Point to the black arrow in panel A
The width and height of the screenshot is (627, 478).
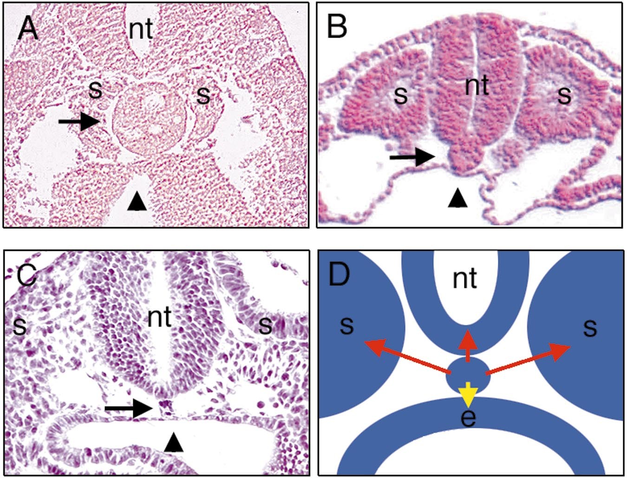click(79, 122)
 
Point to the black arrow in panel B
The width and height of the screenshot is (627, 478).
click(412, 157)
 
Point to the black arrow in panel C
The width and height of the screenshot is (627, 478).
click(129, 409)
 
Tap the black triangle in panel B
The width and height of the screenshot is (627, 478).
click(457, 197)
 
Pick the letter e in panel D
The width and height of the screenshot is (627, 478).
click(469, 418)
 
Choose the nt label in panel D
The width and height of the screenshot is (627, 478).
click(465, 280)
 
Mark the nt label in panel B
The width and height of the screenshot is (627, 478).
click(477, 87)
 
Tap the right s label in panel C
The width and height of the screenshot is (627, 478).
click(265, 326)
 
